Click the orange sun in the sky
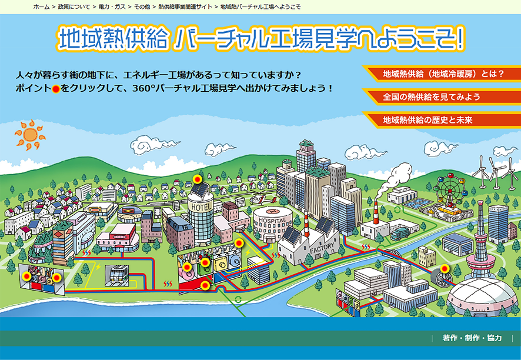30,135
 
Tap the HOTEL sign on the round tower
201,207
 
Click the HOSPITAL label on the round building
272,220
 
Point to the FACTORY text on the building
322,247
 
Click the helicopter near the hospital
262,198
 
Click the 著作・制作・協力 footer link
472,338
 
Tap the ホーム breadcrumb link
42,6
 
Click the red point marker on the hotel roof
198,179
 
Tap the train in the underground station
117,275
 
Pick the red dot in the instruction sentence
56,89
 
